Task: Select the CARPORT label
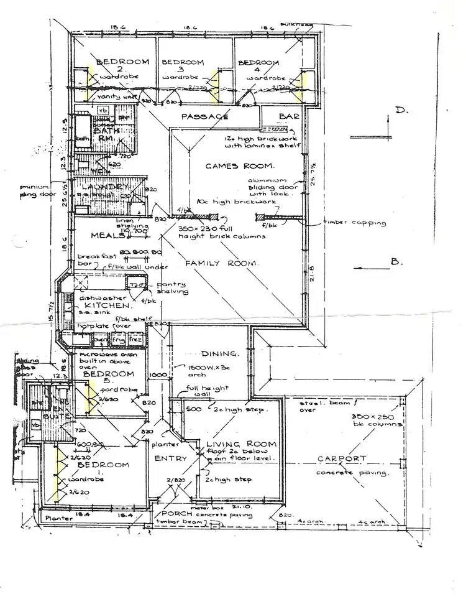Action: [x=342, y=459]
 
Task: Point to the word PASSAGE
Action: [x=204, y=116]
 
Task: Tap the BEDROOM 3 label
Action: [x=183, y=63]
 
